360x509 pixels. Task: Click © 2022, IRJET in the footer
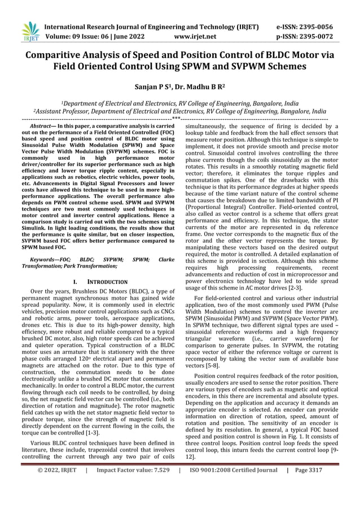click(57, 499)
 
